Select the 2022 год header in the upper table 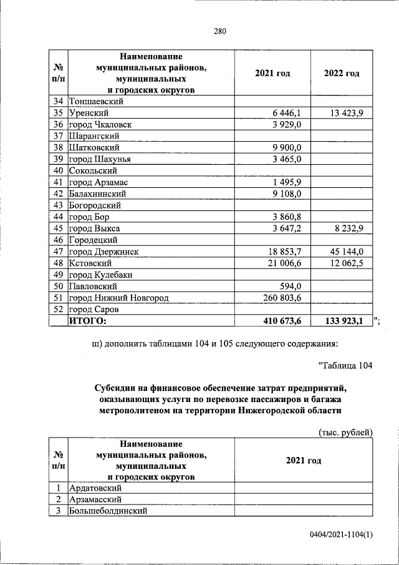click(342, 73)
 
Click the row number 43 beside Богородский click(59, 205)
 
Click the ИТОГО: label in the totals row click(87, 321)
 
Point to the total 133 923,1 click(344, 321)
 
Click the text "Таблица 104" click(345, 366)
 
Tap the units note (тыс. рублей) click(345, 432)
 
